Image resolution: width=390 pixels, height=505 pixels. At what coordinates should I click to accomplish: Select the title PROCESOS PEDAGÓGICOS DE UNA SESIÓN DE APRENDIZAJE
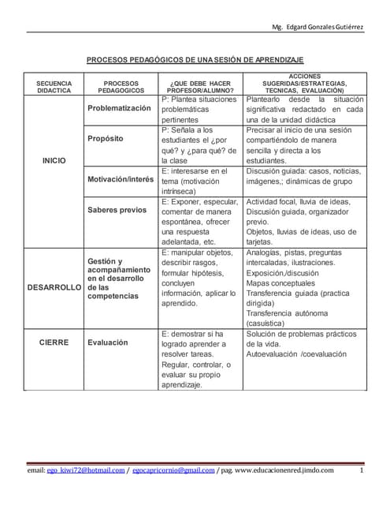[x=195, y=60]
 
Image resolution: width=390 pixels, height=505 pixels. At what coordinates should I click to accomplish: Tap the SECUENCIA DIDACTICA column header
[x=53, y=87]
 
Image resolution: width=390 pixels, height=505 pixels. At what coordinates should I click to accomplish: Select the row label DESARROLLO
[x=54, y=287]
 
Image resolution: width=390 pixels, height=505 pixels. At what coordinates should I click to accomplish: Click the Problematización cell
[x=119, y=107]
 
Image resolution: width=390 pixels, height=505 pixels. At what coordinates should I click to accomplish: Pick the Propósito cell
[x=106, y=138]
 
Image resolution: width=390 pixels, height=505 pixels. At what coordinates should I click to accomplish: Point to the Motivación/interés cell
[x=120, y=179]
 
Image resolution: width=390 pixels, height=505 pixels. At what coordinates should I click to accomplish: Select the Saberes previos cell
[x=117, y=210]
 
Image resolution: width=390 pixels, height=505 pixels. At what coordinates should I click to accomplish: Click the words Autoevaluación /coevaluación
[x=296, y=355]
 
